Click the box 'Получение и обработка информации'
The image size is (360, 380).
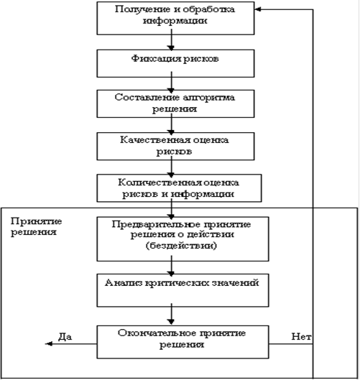coord(175,18)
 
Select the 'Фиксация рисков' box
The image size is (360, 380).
coord(175,63)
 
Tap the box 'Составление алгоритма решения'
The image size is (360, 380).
coord(175,103)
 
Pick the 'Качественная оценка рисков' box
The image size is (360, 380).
coord(175,146)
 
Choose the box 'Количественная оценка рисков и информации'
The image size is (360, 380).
coord(179,188)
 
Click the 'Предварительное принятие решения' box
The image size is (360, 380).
coord(183,239)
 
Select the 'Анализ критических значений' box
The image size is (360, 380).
coord(183,290)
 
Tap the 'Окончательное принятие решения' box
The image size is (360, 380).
coord(183,342)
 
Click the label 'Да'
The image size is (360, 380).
coord(65,337)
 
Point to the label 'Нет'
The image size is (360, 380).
coord(301,336)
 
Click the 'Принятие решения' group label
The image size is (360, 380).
coord(36,226)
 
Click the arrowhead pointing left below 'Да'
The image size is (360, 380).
coord(49,343)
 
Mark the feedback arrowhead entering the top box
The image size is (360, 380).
coord(258,9)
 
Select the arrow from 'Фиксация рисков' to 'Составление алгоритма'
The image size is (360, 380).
coord(172,83)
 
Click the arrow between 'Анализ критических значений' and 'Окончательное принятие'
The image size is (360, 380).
coord(172,314)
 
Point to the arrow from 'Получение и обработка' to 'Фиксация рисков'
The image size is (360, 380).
coord(172,40)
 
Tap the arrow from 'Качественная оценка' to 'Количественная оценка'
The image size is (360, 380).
coord(172,167)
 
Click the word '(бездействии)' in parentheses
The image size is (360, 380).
coord(181,246)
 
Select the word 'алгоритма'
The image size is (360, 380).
coord(208,98)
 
